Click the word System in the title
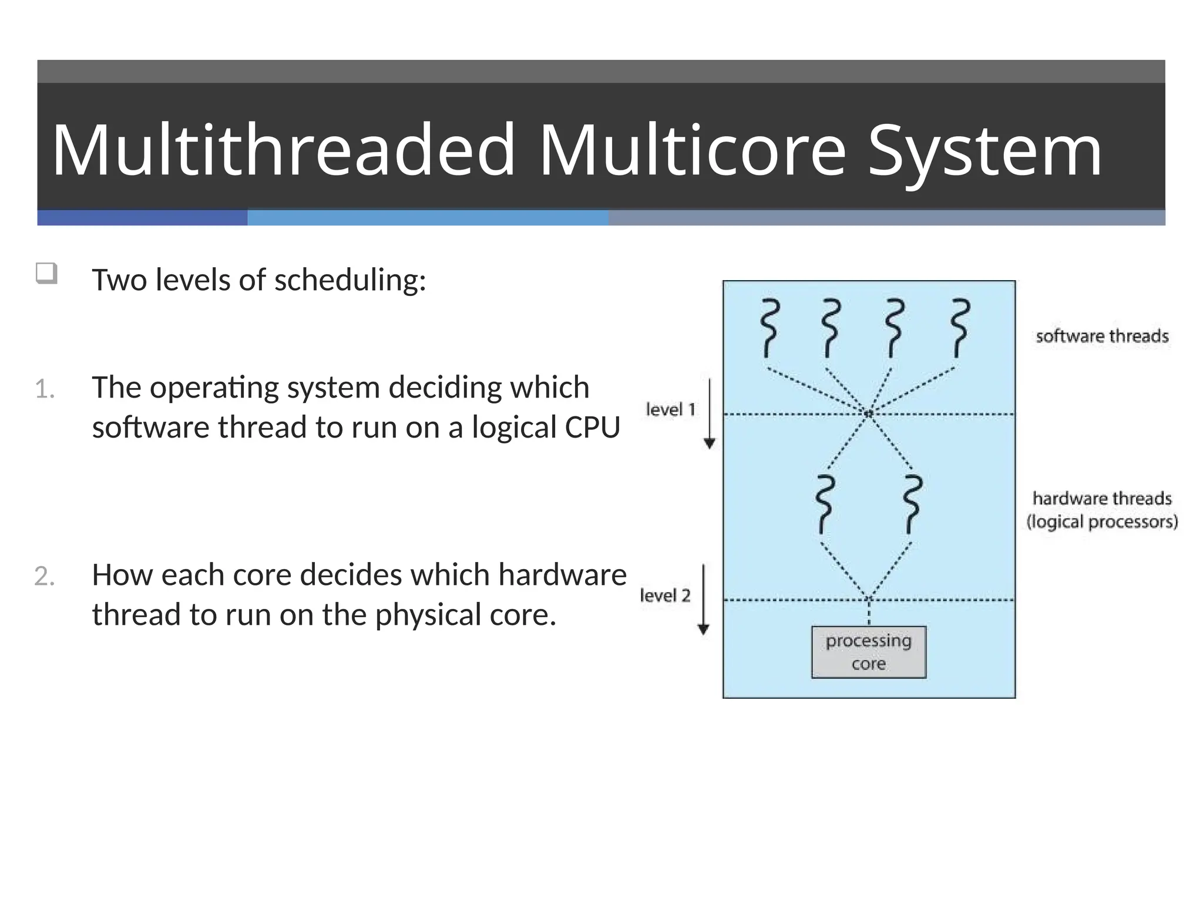click(984, 152)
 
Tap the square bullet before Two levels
click(46, 274)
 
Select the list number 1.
click(45, 389)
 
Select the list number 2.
click(45, 576)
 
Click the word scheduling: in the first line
click(350, 280)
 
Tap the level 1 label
click(670, 409)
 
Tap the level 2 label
click(665, 595)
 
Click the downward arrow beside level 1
click(710, 414)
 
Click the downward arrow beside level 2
click(703, 599)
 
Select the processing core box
click(868, 652)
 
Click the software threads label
click(1102, 336)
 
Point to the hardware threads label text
click(1102, 499)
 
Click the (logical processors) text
click(1102, 521)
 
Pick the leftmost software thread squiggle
click(769, 328)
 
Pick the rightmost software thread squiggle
click(960, 328)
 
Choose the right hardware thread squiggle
click(912, 504)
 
